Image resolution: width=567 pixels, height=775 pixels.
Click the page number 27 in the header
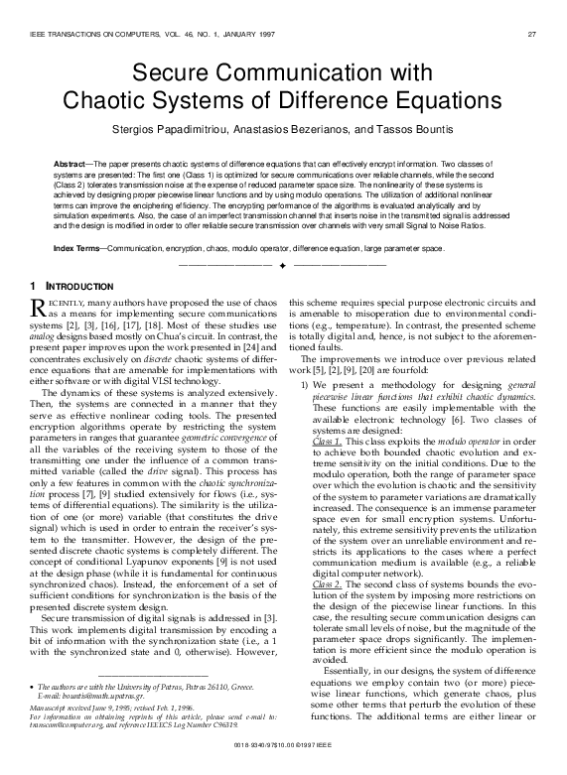click(531, 35)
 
